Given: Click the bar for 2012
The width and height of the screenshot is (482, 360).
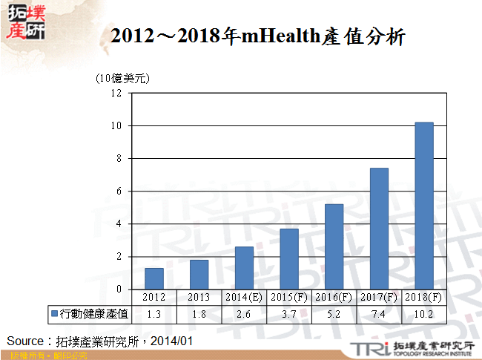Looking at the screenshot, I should [153, 278].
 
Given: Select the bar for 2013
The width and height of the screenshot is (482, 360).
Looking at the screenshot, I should [199, 275].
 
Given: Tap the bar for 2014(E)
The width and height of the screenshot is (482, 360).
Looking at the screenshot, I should [244, 268].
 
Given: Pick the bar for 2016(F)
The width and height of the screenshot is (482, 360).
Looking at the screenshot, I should [334, 246].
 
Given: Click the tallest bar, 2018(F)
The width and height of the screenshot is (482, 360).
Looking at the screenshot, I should [423, 206].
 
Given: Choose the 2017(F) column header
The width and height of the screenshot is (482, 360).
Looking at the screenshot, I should [378, 297].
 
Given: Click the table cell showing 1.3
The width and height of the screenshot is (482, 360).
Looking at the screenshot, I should [153, 314].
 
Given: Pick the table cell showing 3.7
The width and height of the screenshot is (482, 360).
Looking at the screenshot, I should [288, 314].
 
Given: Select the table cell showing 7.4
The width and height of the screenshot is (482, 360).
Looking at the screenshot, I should [378, 314].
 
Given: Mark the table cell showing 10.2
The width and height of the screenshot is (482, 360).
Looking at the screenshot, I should [423, 314].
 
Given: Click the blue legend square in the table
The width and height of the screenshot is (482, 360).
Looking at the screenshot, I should [54, 314].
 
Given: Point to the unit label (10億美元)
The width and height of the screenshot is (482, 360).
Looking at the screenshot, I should [122, 78].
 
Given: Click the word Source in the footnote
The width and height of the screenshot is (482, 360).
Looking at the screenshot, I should [25, 341].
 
